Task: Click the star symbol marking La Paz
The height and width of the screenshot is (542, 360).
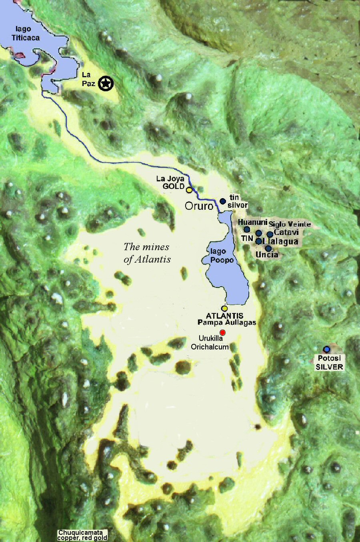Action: tap(106, 83)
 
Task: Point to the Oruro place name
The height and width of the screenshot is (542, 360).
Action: tap(198, 206)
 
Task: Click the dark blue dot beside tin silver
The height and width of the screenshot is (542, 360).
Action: tap(223, 201)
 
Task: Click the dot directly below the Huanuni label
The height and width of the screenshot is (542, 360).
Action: tap(247, 229)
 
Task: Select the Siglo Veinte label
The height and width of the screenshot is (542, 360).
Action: tap(290, 224)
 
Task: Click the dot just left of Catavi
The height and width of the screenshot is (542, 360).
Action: tap(270, 234)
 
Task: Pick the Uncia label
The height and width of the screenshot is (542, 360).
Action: tap(266, 255)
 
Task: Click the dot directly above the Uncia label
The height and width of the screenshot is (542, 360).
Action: tap(268, 248)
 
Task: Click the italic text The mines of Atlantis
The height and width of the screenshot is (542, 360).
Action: tap(147, 253)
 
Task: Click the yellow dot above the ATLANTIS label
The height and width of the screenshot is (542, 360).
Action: tap(224, 309)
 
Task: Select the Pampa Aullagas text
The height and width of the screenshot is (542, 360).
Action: tap(226, 322)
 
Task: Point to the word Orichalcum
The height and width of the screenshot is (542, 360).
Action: tap(210, 347)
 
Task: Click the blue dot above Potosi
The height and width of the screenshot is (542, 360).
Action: tap(327, 349)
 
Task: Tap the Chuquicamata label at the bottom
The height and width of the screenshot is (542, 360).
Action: tap(80, 533)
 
